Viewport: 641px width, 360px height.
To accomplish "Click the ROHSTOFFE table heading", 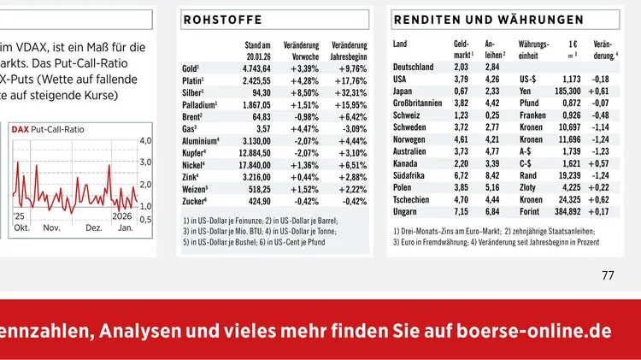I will [222, 19].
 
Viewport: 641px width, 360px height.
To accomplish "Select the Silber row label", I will [191, 91].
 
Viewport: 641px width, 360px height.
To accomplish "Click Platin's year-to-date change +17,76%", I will [347, 80].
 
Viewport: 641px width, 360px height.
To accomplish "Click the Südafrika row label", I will [411, 174].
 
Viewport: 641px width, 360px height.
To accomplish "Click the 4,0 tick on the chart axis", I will [145, 139].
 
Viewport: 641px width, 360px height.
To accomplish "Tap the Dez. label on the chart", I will [94, 228].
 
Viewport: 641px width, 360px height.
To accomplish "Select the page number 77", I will [608, 275].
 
